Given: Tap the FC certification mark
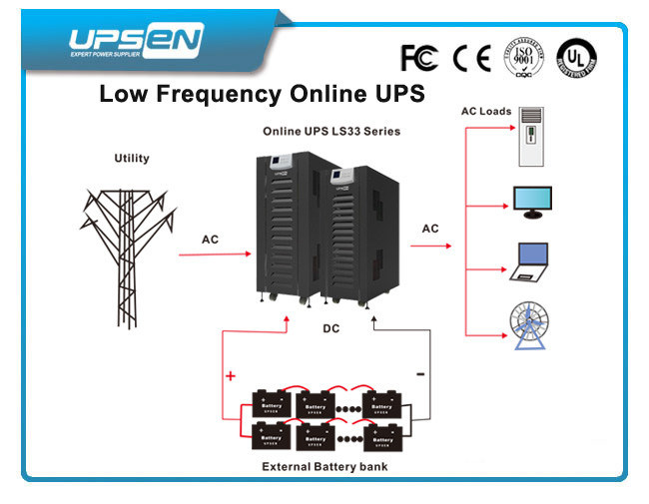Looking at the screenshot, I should coord(419,59).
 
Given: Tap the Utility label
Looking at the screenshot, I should coord(132,158).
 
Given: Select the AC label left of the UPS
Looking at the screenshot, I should coord(210,240).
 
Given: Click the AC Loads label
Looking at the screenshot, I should coord(486,111).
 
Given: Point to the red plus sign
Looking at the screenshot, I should coord(232,376).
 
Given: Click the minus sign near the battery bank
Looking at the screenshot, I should coord(419,376).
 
